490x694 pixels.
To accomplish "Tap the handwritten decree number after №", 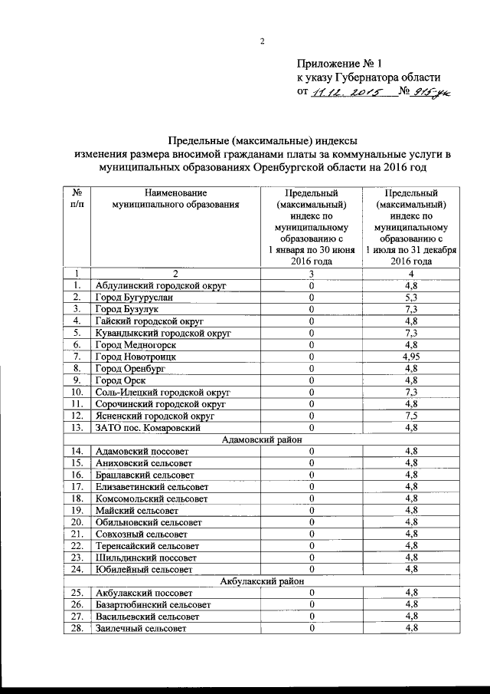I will tap(434, 93).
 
